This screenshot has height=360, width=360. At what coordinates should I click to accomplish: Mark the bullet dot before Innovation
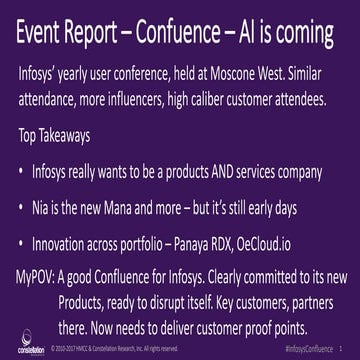tap(22, 245)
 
